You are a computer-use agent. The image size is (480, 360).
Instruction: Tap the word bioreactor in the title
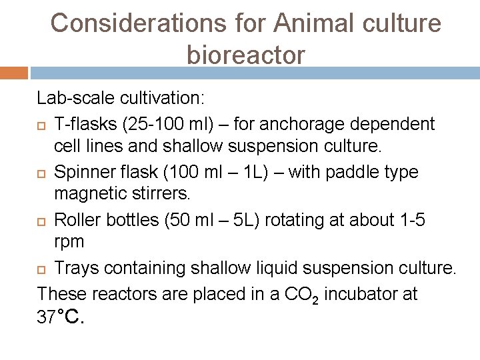point(246,55)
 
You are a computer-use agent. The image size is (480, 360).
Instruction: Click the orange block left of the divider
point(13,73)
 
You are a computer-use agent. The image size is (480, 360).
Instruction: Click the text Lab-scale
point(75,99)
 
